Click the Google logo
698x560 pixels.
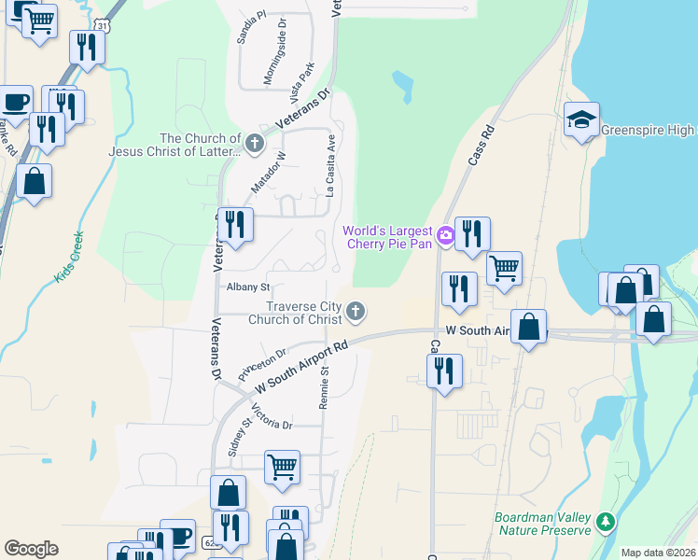[31, 549]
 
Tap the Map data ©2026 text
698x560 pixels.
[658, 553]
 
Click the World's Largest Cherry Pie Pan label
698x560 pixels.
[387, 237]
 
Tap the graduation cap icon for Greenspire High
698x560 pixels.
[581, 119]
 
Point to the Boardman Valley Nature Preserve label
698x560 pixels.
[543, 524]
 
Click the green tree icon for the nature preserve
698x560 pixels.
[607, 521]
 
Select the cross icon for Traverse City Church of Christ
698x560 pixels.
[355, 311]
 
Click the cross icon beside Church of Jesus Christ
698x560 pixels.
[257, 143]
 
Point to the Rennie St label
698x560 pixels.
[325, 385]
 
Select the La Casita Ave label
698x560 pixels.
[330, 165]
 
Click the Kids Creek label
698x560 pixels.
[70, 257]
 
